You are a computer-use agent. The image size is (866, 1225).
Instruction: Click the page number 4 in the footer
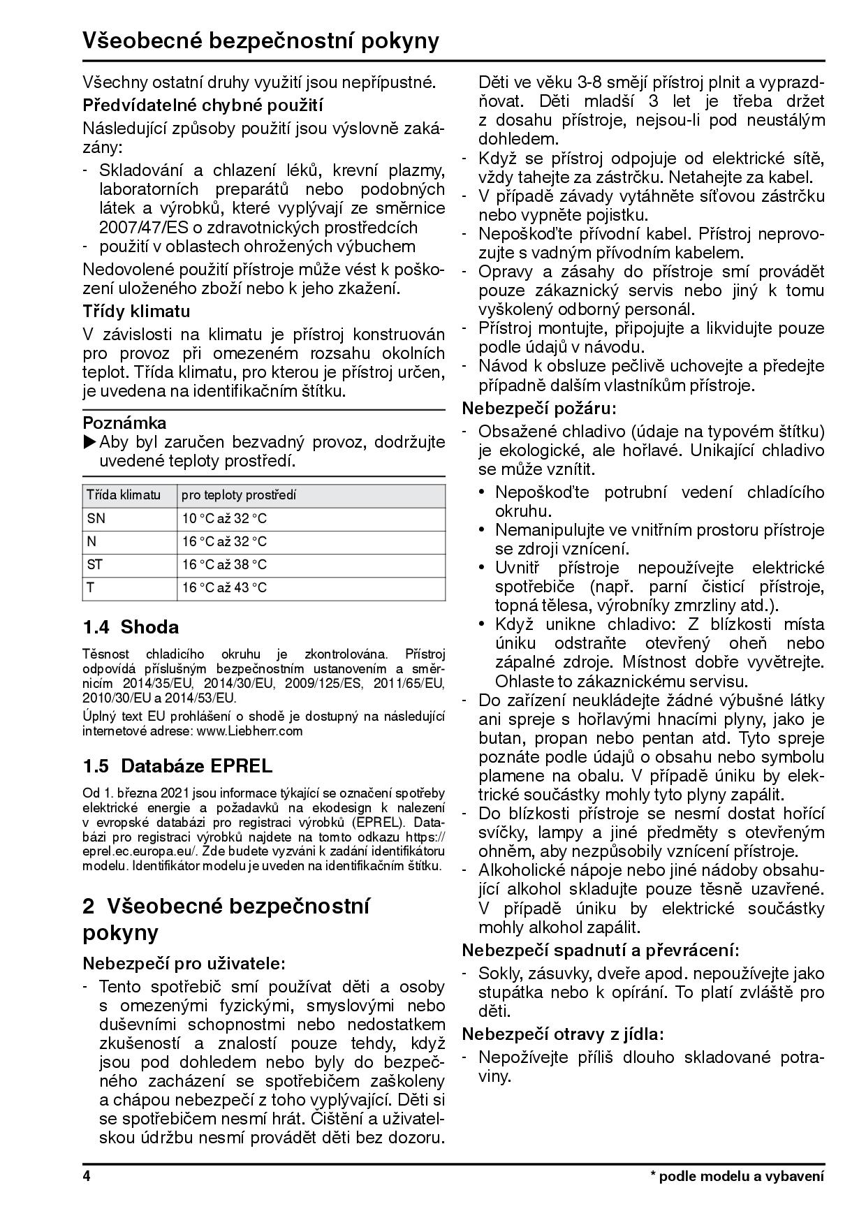point(87,1176)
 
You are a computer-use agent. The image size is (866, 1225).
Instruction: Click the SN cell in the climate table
point(96,518)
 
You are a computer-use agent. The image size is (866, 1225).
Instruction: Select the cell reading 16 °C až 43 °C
point(224,587)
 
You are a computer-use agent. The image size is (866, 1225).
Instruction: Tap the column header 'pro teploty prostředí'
point(239,495)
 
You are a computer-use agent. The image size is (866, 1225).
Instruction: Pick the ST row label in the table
point(94,564)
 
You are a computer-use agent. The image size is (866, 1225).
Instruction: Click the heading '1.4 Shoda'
point(131,627)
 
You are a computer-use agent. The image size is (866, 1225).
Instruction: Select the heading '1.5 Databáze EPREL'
point(177,766)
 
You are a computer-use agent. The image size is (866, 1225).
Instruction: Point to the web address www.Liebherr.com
point(250,731)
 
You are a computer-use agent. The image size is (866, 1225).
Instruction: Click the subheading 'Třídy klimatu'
point(136,311)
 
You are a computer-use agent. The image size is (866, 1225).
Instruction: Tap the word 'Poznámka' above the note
point(124,423)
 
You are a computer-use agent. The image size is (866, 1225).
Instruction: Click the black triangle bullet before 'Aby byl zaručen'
point(90,442)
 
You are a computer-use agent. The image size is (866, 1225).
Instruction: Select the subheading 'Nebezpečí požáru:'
point(539,408)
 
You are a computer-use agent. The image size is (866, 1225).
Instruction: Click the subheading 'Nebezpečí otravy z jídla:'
point(562,1034)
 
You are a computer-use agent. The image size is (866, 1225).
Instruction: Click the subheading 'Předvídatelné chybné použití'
point(203,105)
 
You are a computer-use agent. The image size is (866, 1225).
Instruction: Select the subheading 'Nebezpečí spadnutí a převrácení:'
point(601,950)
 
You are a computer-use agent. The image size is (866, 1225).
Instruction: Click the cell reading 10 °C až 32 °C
point(224,518)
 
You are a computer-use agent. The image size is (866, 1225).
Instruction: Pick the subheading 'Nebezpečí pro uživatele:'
point(184,963)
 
